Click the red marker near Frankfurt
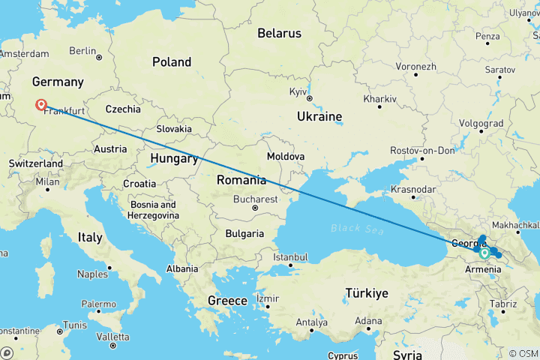[41, 106]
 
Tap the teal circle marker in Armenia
[485, 253]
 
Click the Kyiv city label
[298, 92]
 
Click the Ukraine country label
[319, 116]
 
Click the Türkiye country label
[367, 292]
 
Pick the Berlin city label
[82, 51]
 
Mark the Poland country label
[172, 62]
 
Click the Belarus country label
[279, 33]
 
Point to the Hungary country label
[172, 158]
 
